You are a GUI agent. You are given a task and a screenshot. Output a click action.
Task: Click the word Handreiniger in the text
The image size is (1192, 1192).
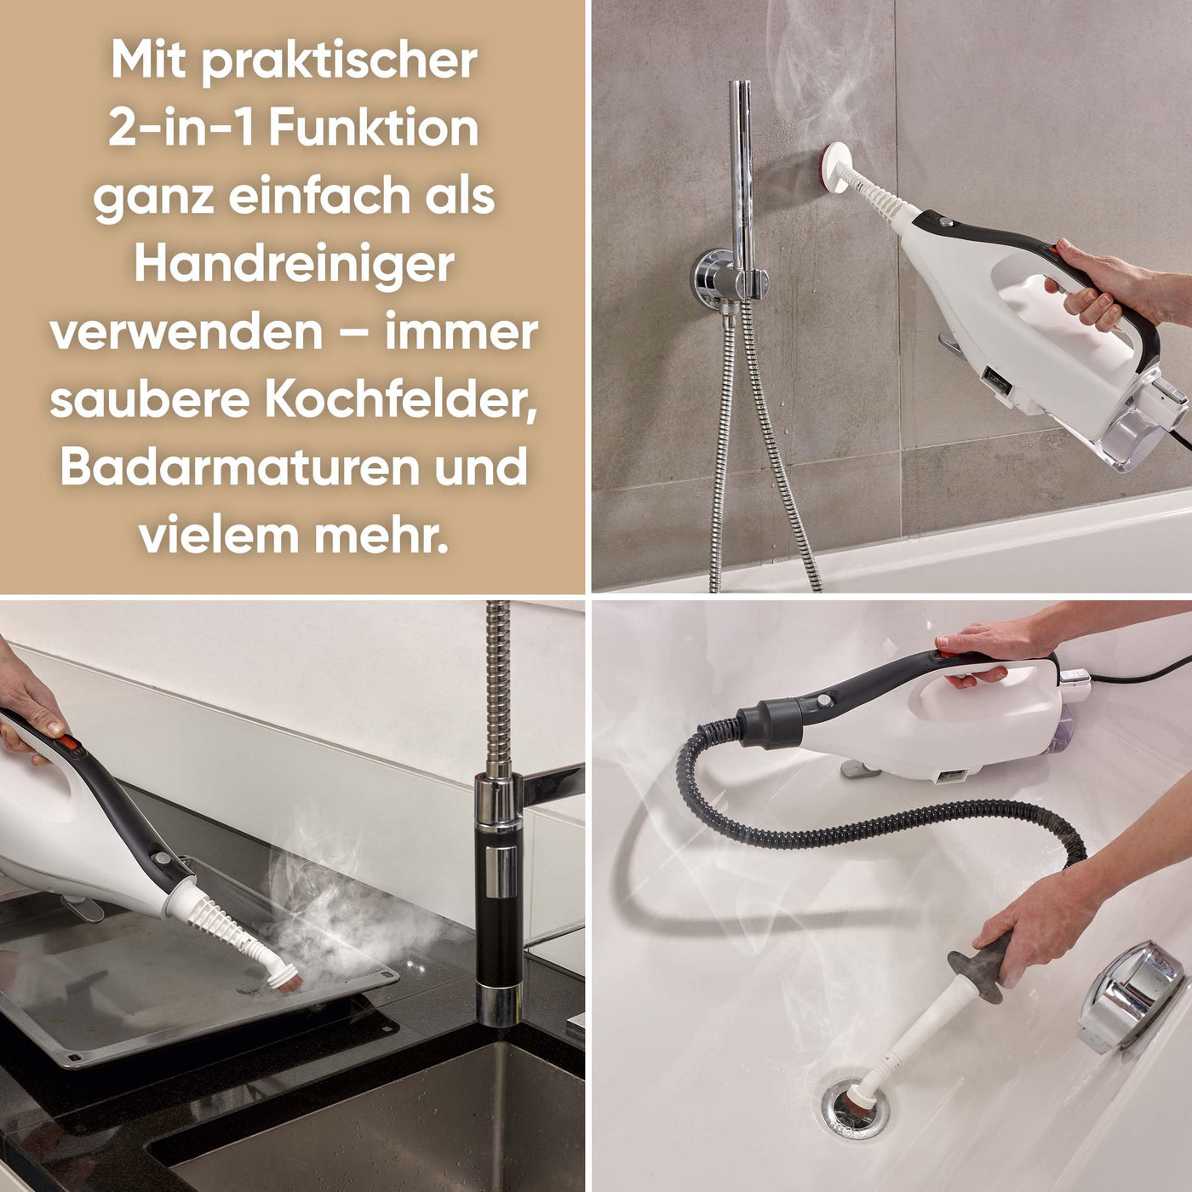coord(294,265)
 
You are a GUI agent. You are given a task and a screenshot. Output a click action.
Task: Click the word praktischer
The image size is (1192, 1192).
coord(338,61)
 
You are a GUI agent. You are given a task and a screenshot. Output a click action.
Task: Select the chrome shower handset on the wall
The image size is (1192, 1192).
coord(739,170)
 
